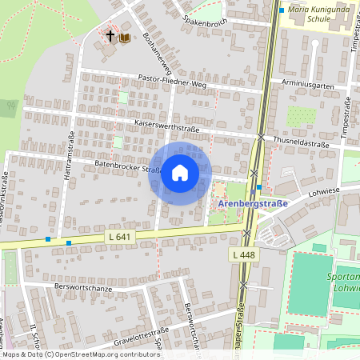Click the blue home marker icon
click(x=179, y=173)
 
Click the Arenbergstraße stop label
click(x=253, y=205)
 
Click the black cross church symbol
click(x=110, y=37)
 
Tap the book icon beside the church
click(x=125, y=37)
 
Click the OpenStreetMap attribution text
click(x=80, y=354)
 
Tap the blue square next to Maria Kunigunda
click(x=282, y=10)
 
